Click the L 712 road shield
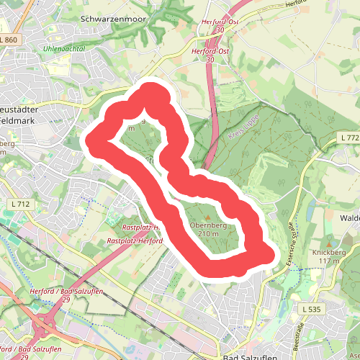point(22,204)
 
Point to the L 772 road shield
point(348,138)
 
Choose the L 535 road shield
point(311,309)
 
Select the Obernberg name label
point(208,225)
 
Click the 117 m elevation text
point(330,261)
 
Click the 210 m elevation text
point(208,234)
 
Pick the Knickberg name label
point(330,253)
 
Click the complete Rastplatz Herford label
point(133,240)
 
